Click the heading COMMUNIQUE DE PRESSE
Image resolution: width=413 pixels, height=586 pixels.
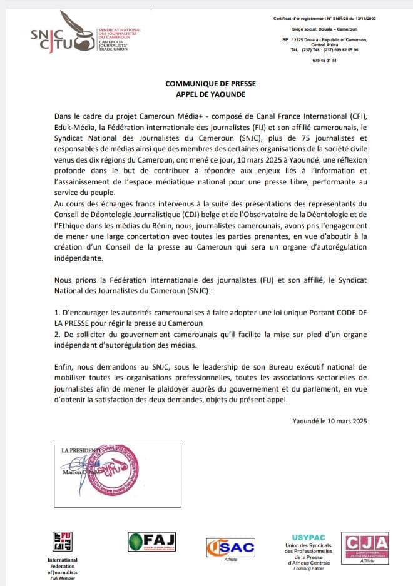(206, 83)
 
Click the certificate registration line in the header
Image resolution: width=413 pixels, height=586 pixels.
(325, 19)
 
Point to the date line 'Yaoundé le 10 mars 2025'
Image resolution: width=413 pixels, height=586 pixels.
(330, 421)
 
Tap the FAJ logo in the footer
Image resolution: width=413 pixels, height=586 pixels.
(152, 542)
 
